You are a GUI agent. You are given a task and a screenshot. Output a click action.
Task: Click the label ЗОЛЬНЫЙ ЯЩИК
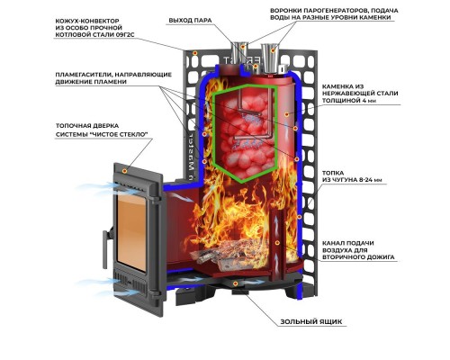(x=311, y=322)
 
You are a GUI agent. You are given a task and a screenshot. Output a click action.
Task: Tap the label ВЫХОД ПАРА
(x=190, y=21)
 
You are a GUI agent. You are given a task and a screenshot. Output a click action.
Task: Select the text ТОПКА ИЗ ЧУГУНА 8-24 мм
(x=352, y=176)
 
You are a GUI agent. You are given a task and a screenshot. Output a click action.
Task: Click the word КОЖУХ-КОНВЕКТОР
(x=87, y=21)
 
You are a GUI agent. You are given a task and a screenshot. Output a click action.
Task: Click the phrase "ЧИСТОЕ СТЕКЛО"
(x=120, y=135)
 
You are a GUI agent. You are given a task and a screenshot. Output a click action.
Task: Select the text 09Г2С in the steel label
(x=124, y=34)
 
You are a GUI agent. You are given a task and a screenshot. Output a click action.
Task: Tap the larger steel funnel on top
(x=270, y=58)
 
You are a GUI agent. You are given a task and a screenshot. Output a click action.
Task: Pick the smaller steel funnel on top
(x=239, y=54)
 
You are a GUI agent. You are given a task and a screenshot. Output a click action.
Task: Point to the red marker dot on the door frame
(x=124, y=170)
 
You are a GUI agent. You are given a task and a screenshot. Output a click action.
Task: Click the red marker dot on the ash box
(x=236, y=283)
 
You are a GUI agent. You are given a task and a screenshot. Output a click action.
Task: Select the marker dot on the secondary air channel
(x=277, y=242)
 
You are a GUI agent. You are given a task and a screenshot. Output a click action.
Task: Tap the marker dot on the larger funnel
(x=273, y=50)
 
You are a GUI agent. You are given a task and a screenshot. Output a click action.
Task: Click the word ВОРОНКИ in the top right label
(x=285, y=11)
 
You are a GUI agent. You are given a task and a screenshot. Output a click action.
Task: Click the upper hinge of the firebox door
(x=156, y=199)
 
